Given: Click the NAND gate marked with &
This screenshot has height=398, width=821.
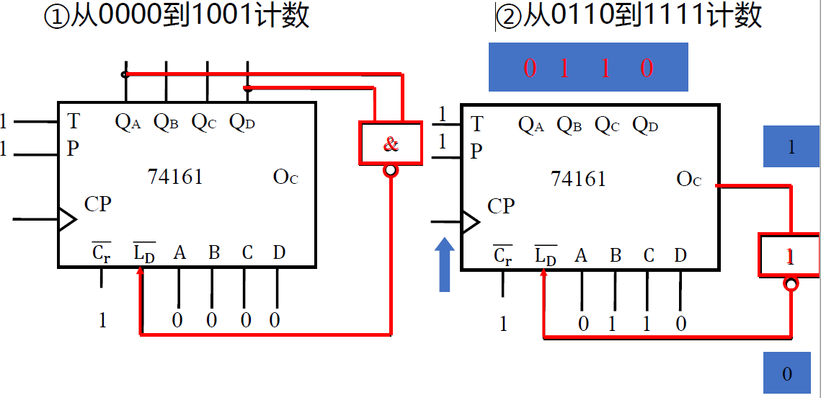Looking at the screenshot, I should tap(390, 143).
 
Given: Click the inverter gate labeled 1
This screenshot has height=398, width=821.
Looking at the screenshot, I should tap(789, 255).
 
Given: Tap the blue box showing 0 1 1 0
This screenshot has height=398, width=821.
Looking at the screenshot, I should tap(588, 68).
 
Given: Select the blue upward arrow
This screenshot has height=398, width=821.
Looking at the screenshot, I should tap(445, 265).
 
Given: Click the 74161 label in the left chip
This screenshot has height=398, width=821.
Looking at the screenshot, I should tap(175, 177).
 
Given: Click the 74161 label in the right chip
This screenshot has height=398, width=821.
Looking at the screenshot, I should tap(578, 178).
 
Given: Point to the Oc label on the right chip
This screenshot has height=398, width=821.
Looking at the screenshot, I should tap(688, 179).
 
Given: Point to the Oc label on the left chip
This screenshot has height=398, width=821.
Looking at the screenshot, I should tap(285, 177).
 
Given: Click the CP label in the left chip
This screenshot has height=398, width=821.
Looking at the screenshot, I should tap(98, 205).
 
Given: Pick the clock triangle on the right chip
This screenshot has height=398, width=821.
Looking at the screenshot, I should tap(470, 222).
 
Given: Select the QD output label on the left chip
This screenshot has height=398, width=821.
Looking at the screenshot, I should tap(242, 123).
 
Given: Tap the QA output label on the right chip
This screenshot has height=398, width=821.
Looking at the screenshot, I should tap(531, 125).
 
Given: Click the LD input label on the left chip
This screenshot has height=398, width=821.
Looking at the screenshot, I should tap(144, 253).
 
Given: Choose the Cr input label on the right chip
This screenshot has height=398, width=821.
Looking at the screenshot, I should tap(502, 255).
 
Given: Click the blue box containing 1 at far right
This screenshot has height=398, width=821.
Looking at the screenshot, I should tap(791, 147).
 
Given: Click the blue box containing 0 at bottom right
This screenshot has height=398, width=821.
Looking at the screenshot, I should tap(787, 373).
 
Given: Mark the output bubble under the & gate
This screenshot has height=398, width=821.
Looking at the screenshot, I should tap(391, 171).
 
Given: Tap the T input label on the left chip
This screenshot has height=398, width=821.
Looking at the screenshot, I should tap(73, 120).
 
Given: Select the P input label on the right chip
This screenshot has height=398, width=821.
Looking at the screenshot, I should tap(476, 151).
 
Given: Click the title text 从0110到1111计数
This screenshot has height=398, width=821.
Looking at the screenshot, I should tap(630, 16).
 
